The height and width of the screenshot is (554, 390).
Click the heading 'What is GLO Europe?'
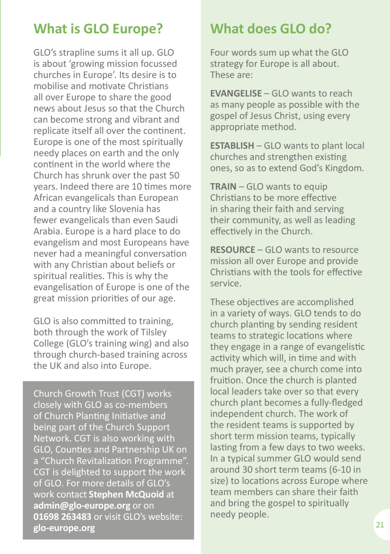tap(98, 29)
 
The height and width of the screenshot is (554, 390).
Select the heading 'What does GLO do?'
tap(271, 29)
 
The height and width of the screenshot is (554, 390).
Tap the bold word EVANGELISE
tap(236, 93)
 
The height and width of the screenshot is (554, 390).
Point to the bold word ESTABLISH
tap(232, 146)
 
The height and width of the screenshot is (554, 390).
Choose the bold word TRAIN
tap(223, 187)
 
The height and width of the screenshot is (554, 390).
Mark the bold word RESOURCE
tap(233, 250)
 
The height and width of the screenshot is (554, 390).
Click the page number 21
tap(380, 525)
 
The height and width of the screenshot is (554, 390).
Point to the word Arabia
tap(48, 231)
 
